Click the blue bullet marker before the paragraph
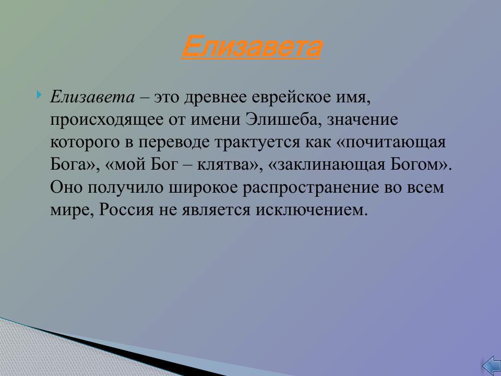click(x=40, y=95)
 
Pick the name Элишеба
click(x=281, y=120)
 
